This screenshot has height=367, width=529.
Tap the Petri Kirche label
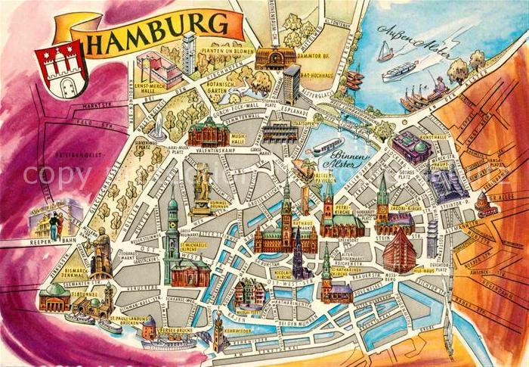(x=343, y=205)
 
